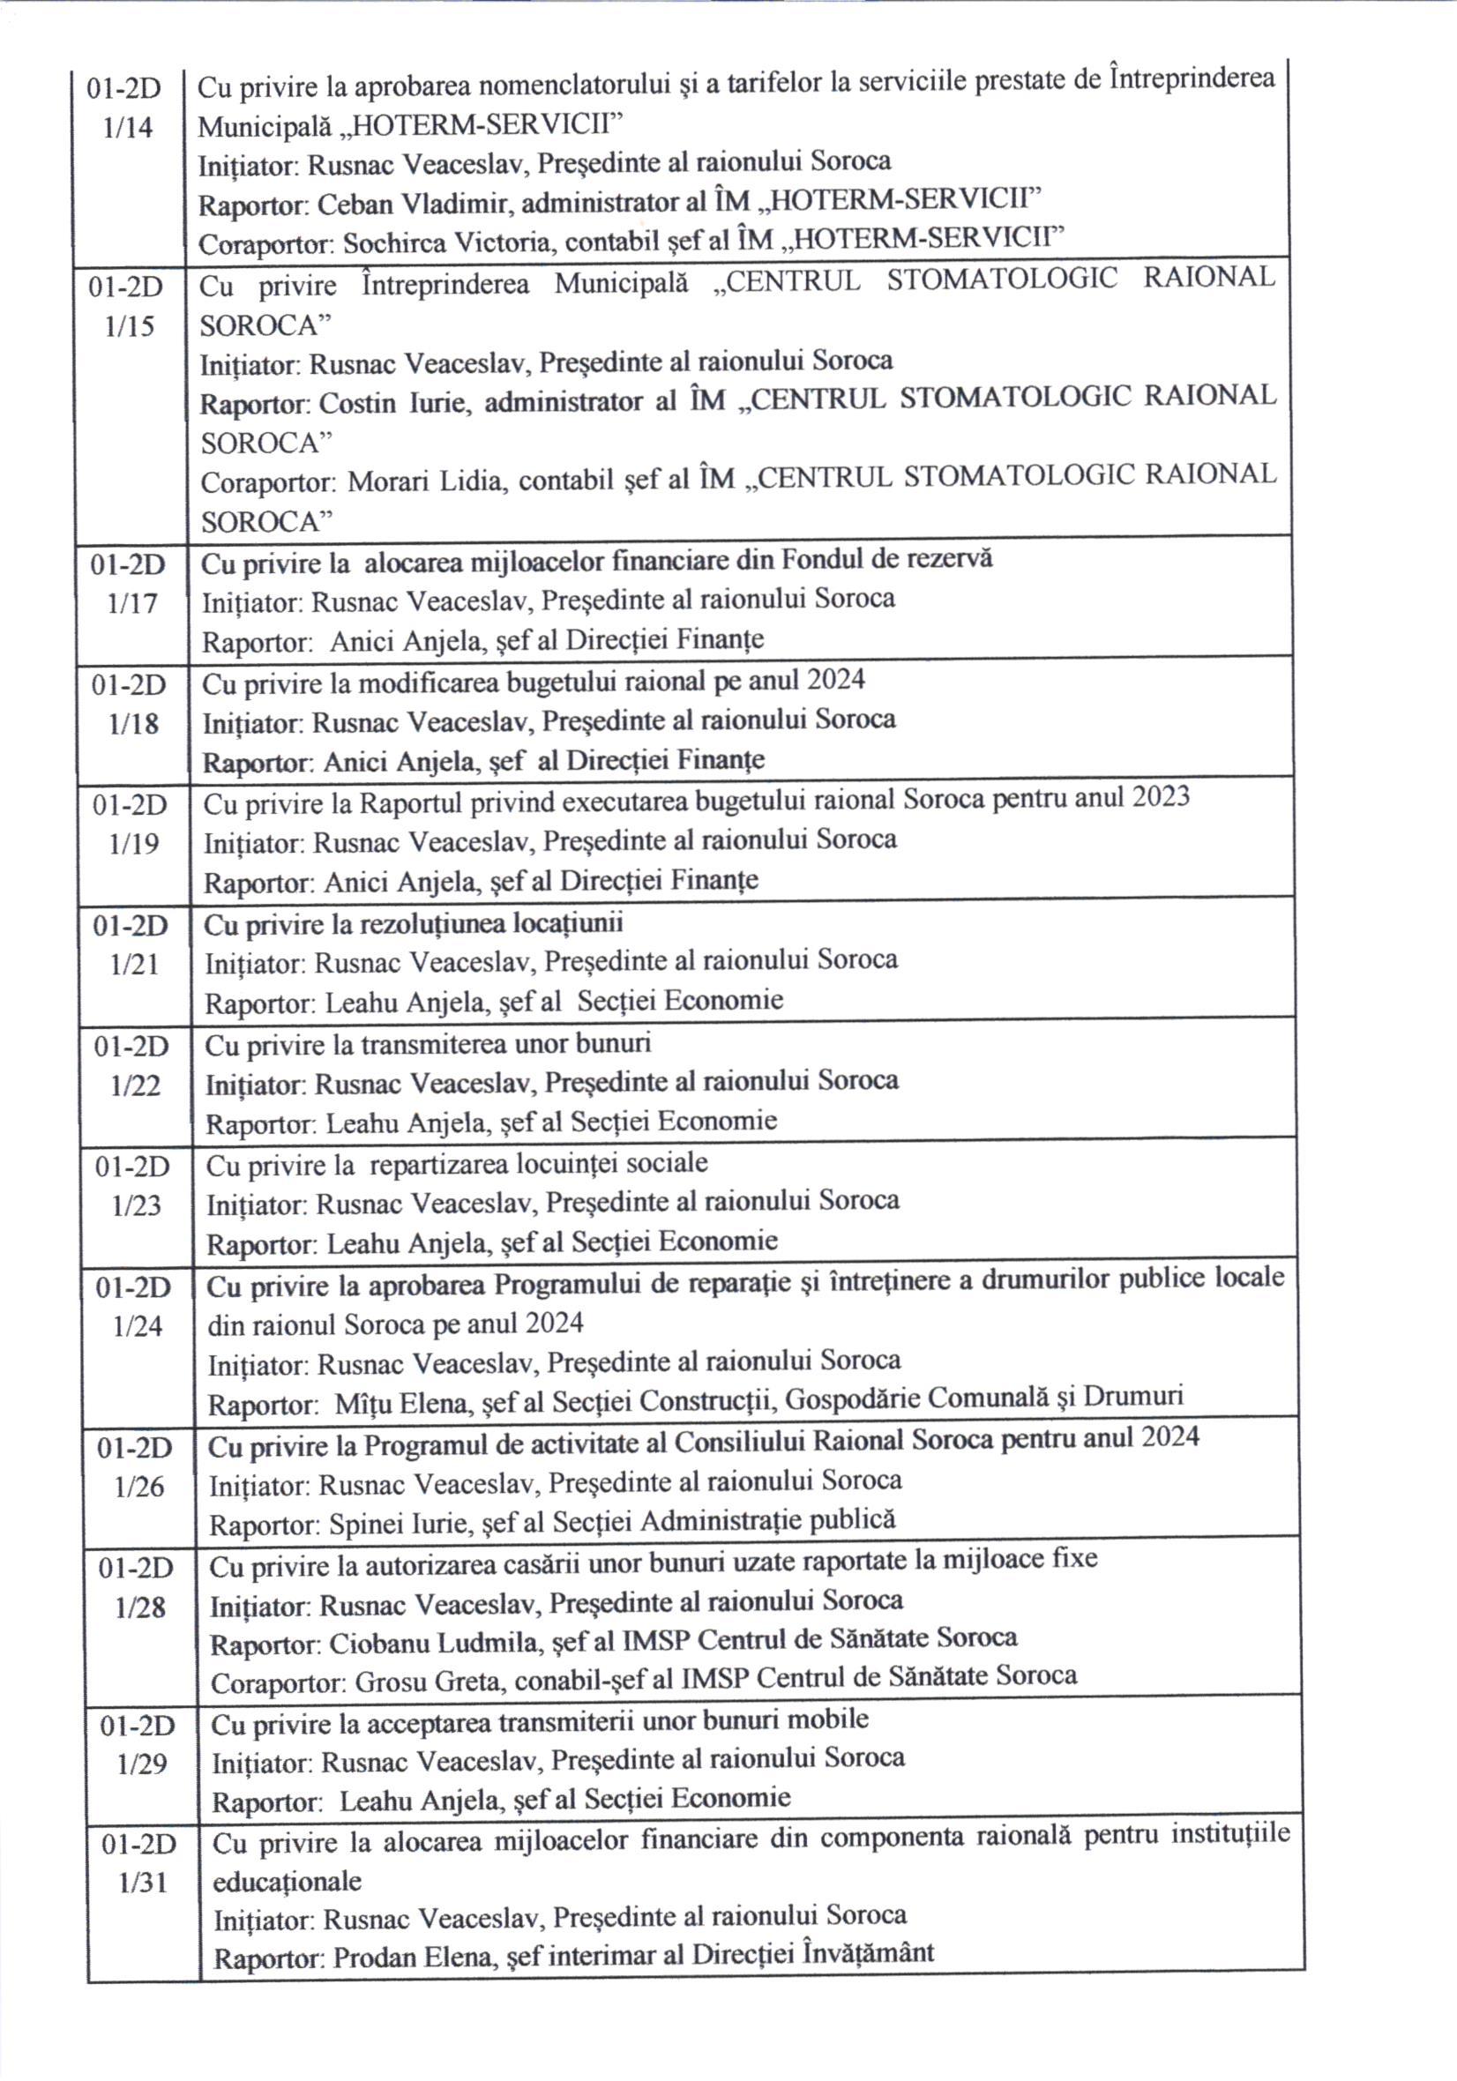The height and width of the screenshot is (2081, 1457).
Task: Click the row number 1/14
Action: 128,128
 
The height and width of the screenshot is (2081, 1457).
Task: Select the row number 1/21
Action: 134,965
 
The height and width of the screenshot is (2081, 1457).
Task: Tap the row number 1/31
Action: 143,1883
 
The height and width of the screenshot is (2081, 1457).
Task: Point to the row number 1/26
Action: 138,1488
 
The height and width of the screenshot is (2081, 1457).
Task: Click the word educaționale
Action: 287,1883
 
